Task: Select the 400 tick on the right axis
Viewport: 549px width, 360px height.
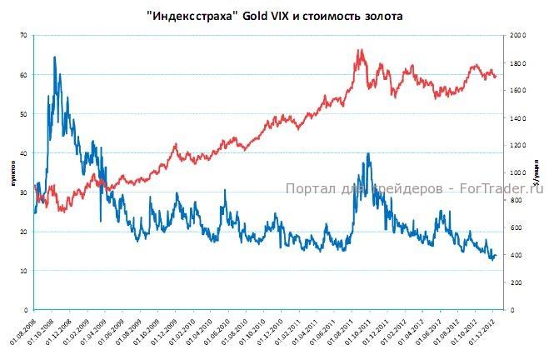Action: [517, 255]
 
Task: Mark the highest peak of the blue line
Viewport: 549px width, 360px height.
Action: [54, 57]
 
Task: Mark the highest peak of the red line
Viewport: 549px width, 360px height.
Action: [360, 50]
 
